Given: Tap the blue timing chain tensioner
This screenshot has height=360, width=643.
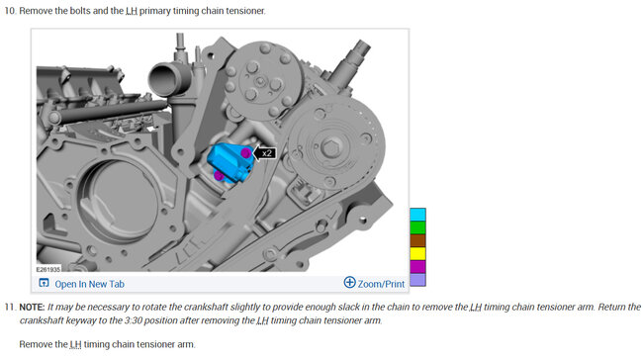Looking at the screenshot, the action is [230, 163].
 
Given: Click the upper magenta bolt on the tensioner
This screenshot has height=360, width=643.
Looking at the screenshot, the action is [245, 153].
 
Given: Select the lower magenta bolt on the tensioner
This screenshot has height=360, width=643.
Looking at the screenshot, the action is [219, 176].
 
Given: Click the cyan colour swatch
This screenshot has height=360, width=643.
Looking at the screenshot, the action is [417, 215].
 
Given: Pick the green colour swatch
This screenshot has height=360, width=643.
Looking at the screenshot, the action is [417, 227].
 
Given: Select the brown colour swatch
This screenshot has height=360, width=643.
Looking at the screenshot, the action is [417, 240].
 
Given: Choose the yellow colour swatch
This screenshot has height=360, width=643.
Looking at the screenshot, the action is [417, 254].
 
